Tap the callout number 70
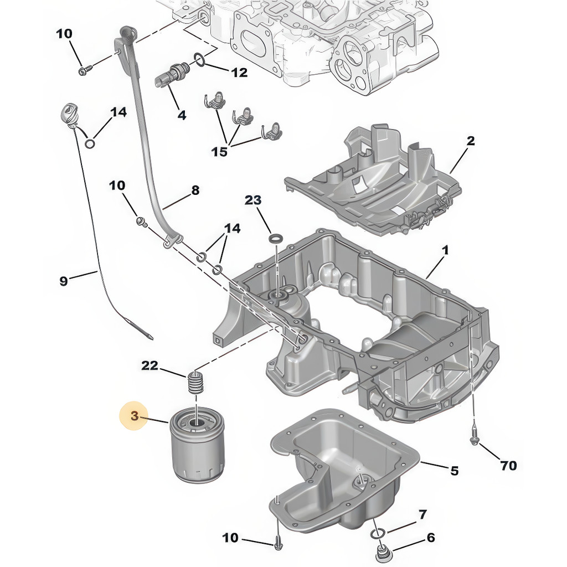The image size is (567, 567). coord(508,466)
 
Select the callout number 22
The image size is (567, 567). coord(150,365)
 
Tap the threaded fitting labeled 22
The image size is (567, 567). coord(194,382)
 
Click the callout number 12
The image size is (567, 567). coord(239,73)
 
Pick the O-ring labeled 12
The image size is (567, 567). coord(200,59)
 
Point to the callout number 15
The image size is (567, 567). coord(220,151)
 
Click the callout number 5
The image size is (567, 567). coord(454,471)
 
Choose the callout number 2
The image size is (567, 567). coord(470,141)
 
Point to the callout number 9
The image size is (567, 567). coord(64,281)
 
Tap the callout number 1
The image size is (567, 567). coord(445,251)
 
